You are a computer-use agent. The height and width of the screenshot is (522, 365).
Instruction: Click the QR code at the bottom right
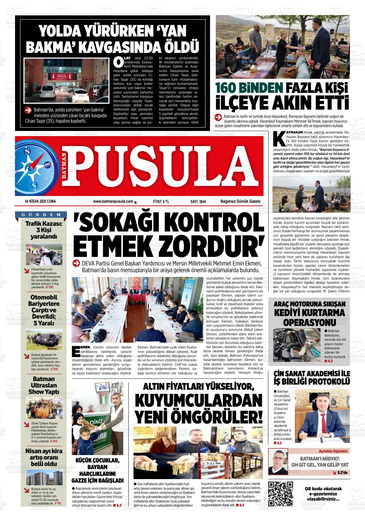280,494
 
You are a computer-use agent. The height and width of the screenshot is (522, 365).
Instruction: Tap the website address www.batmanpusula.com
113,201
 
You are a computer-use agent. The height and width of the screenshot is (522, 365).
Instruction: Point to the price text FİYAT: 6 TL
161,201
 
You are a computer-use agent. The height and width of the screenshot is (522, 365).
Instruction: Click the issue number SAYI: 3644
198,201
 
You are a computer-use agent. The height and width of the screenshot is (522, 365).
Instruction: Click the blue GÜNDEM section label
41,215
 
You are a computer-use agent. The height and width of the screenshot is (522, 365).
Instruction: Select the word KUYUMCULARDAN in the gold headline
199,400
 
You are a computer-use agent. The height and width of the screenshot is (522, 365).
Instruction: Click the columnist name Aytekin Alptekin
333,451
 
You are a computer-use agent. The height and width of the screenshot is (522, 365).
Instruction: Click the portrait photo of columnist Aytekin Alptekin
278,462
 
